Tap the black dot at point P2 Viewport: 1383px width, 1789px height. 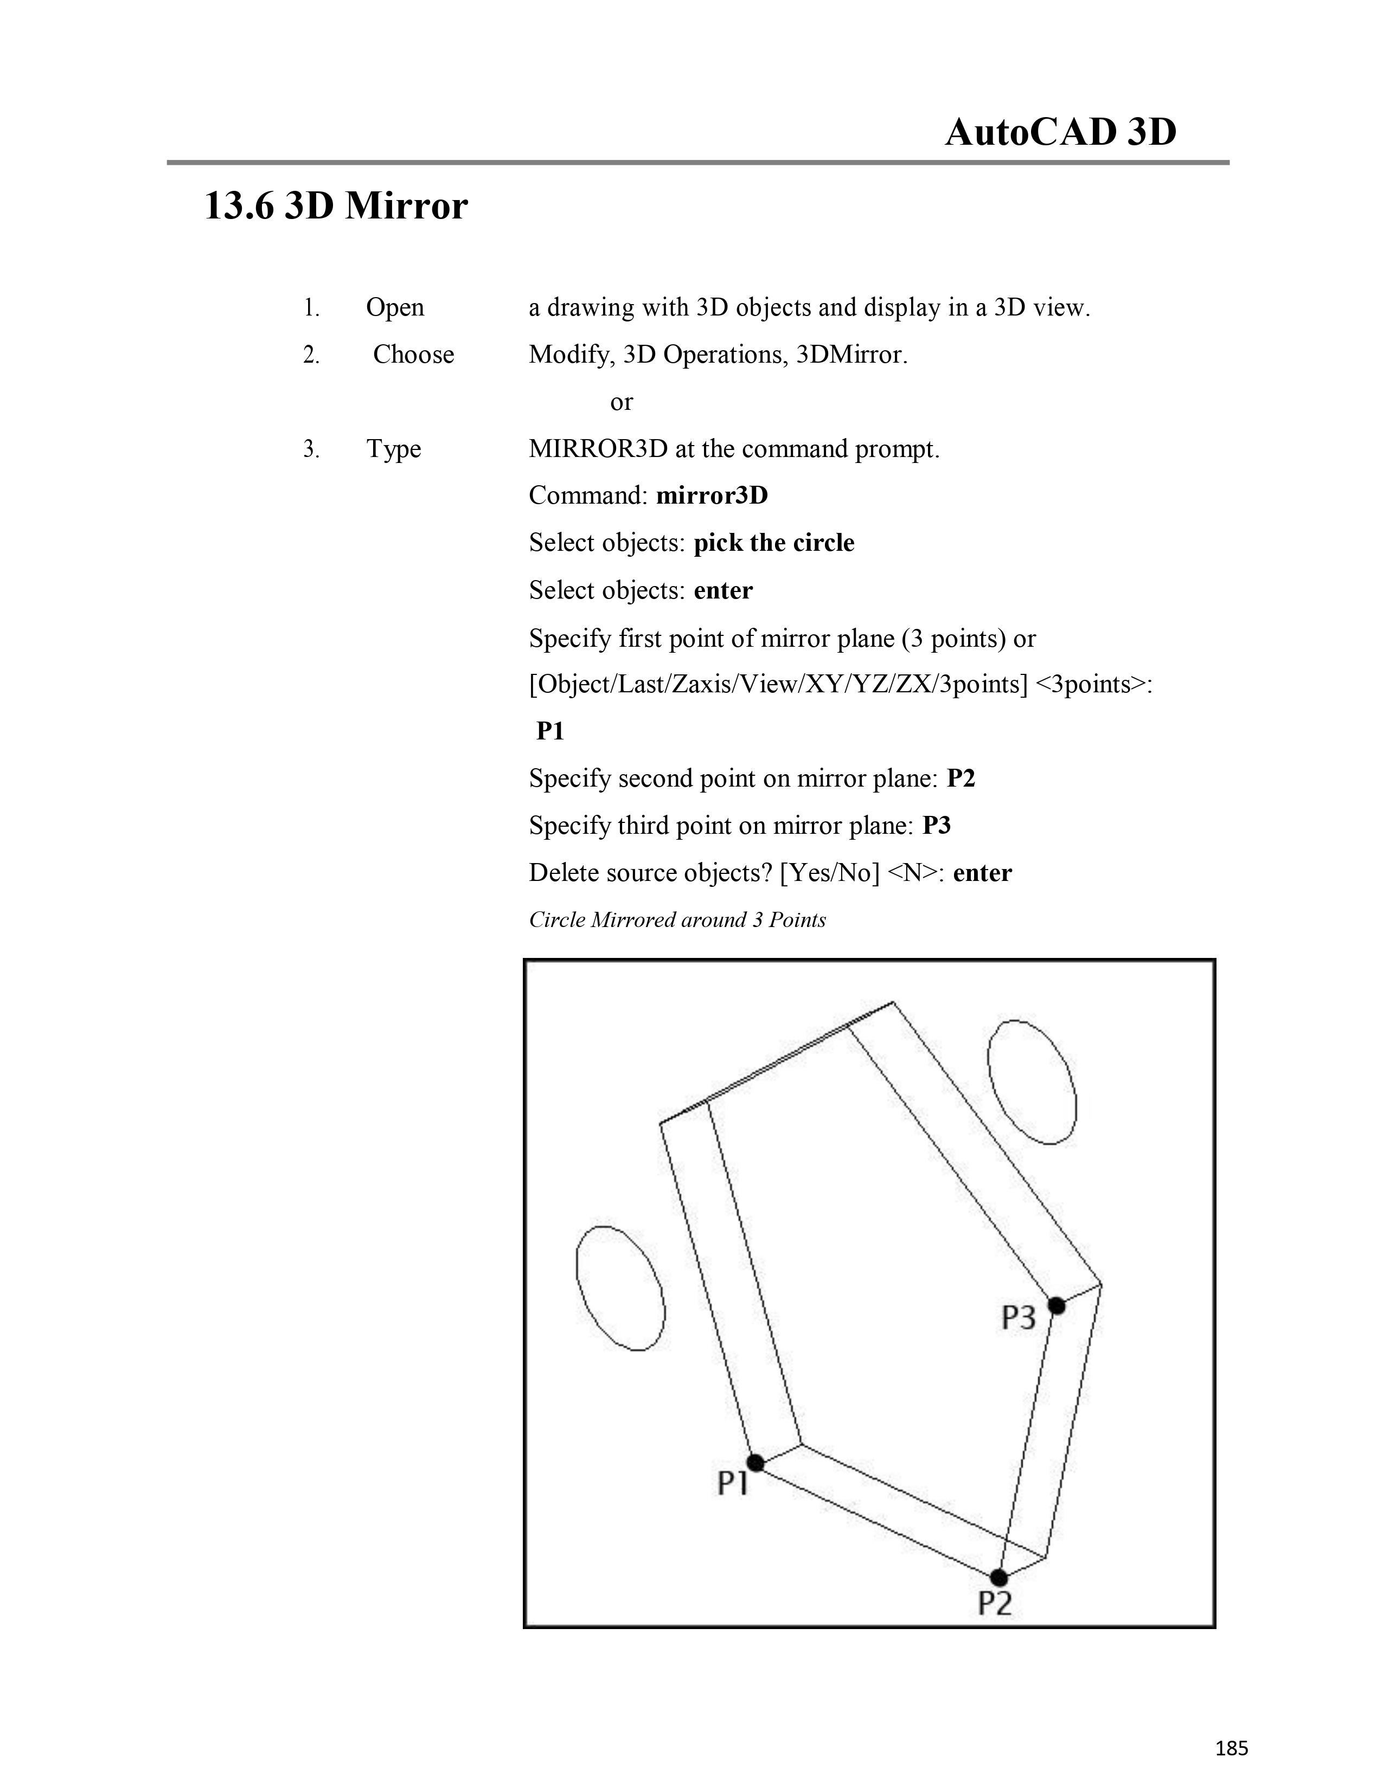(998, 1577)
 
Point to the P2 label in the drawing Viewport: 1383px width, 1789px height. (995, 1603)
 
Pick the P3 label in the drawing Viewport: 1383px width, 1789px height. (1019, 1317)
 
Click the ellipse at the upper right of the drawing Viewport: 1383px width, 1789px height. (1032, 1082)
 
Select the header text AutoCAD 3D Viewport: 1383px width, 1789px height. (1060, 132)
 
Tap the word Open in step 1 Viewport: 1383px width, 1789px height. (395, 308)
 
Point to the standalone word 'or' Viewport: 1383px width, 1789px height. (621, 402)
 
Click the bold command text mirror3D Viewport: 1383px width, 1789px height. (712, 495)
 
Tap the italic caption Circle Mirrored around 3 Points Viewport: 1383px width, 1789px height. (677, 920)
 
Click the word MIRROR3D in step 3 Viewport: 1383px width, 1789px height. (598, 449)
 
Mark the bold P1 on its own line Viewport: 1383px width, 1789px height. (550, 731)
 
